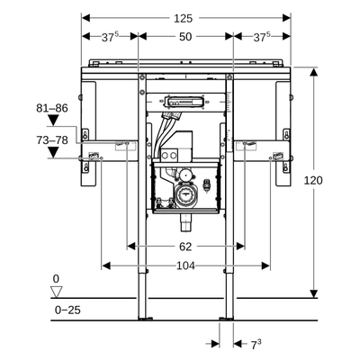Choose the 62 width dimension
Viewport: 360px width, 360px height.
tap(185, 245)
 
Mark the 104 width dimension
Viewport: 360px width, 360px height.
tap(185, 265)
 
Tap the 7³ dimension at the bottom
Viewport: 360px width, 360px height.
tap(255, 343)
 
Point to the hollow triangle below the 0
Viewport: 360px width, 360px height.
tap(57, 291)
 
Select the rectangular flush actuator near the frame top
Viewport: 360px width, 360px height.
tap(184, 101)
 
